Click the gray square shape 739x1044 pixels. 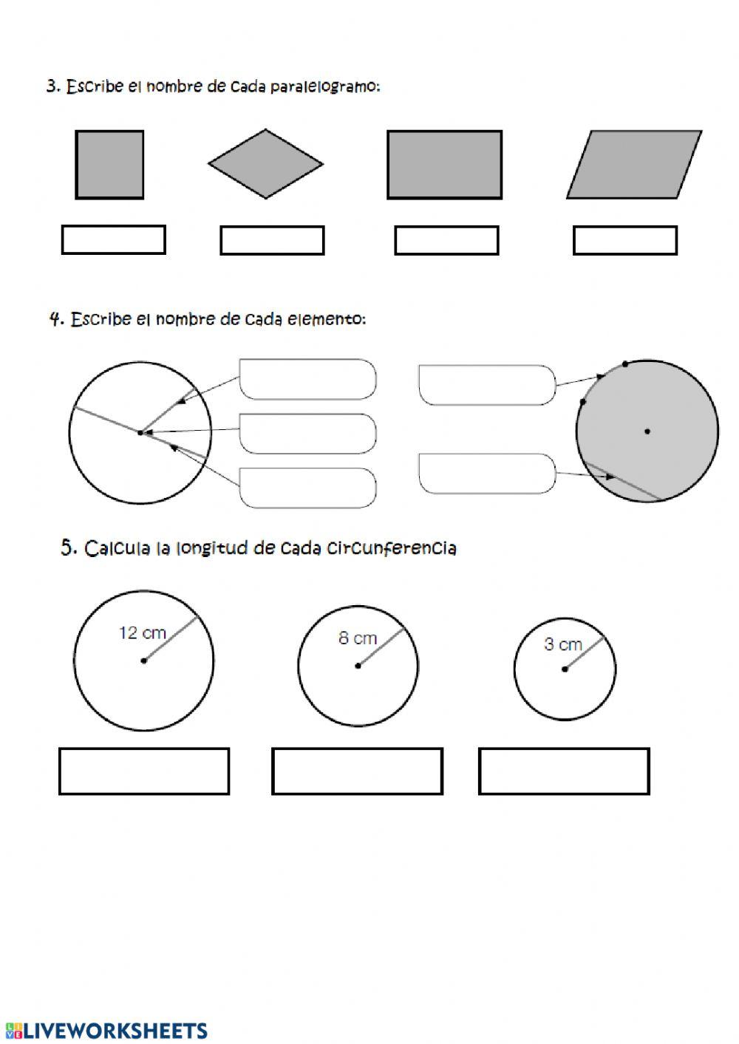pyautogui.click(x=109, y=165)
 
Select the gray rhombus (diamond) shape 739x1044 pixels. pyautogui.click(x=265, y=164)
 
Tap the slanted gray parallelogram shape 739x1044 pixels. pyautogui.click(x=634, y=165)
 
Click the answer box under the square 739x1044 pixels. pyautogui.click(x=113, y=240)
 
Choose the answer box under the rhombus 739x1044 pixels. pyautogui.click(x=272, y=240)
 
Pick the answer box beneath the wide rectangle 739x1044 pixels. pyautogui.click(x=446, y=240)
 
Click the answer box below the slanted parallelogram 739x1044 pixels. pyautogui.click(x=625, y=240)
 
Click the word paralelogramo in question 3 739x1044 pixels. pyautogui.click(x=325, y=87)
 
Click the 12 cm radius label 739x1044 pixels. pyautogui.click(x=142, y=633)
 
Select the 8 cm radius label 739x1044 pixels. pyautogui.click(x=358, y=638)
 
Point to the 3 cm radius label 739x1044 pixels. pyautogui.click(x=563, y=644)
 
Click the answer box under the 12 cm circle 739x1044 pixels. pyautogui.click(x=144, y=771)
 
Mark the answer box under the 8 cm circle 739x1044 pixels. pyautogui.click(x=358, y=771)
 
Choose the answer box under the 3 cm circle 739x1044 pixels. pyautogui.click(x=564, y=771)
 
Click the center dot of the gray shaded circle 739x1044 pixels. pyautogui.click(x=647, y=431)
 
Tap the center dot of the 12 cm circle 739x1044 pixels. pyautogui.click(x=143, y=661)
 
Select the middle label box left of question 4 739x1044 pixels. pyautogui.click(x=307, y=433)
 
